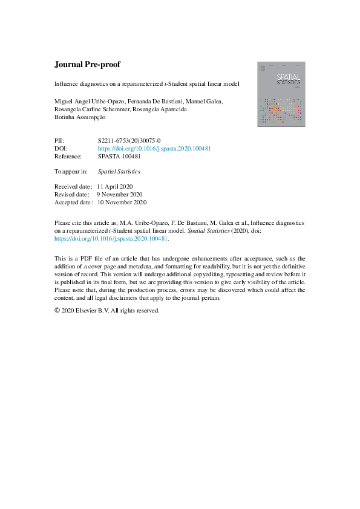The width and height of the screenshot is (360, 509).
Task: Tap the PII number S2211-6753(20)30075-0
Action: (x=129, y=140)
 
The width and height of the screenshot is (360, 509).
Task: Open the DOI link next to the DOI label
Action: (x=154, y=148)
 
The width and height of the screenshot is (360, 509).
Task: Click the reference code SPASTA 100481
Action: (x=119, y=155)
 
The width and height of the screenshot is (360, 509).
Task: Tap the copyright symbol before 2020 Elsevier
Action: (x=57, y=311)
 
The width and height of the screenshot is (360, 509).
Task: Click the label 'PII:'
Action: (x=60, y=140)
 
